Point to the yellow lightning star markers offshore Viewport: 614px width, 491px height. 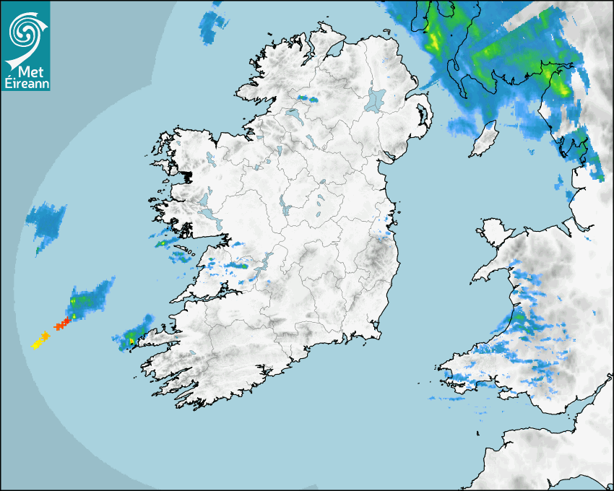tap(40, 339)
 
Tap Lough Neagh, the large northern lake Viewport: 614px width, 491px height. tap(376, 99)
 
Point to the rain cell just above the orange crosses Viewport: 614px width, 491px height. tap(88, 297)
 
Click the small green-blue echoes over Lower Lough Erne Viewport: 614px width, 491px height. tap(308, 97)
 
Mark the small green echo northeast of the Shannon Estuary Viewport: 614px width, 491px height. tap(238, 266)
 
